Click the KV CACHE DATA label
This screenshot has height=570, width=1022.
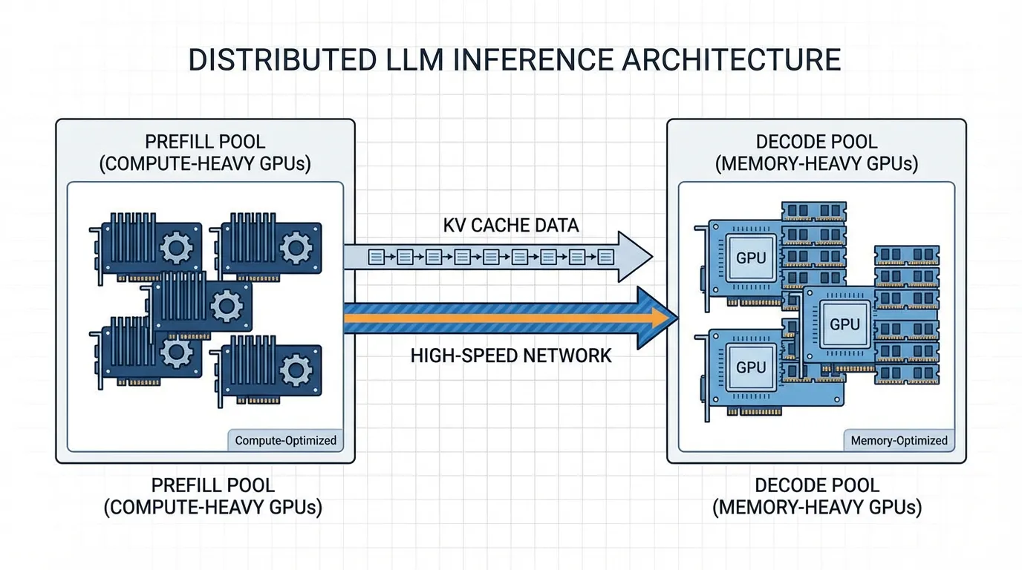pyautogui.click(x=511, y=225)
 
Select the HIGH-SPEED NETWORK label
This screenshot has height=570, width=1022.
pyautogui.click(x=511, y=356)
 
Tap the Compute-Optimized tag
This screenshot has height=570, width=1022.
pyautogui.click(x=285, y=440)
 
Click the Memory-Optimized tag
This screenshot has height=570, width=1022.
pyautogui.click(x=899, y=440)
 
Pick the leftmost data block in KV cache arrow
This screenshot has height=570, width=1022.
pyautogui.click(x=377, y=258)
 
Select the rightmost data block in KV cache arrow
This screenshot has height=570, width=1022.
pyautogui.click(x=605, y=258)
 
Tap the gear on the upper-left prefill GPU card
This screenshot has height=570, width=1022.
pyautogui.click(x=176, y=247)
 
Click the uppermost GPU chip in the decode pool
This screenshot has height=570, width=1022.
pyautogui.click(x=751, y=258)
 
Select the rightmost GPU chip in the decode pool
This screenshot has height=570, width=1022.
pyautogui.click(x=844, y=324)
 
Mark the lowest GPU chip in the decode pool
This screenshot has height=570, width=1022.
pyautogui.click(x=751, y=367)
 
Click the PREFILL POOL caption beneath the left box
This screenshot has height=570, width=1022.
pyautogui.click(x=213, y=486)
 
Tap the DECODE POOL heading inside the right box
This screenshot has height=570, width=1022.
pyautogui.click(x=816, y=142)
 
